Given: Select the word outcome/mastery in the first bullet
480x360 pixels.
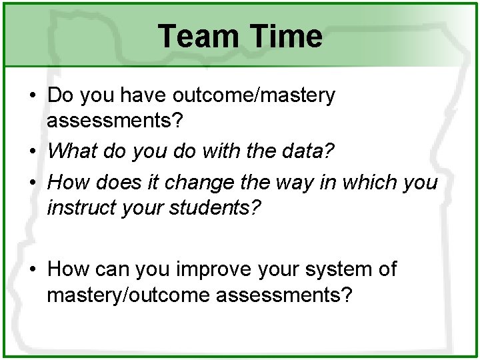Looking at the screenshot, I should coord(254,96).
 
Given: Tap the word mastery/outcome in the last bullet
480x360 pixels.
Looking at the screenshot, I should coord(128,294).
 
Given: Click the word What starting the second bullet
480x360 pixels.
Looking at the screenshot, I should coord(72,151).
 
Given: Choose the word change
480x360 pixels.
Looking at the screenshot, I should coord(197,182).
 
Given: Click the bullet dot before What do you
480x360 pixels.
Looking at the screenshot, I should coord(33,151).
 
